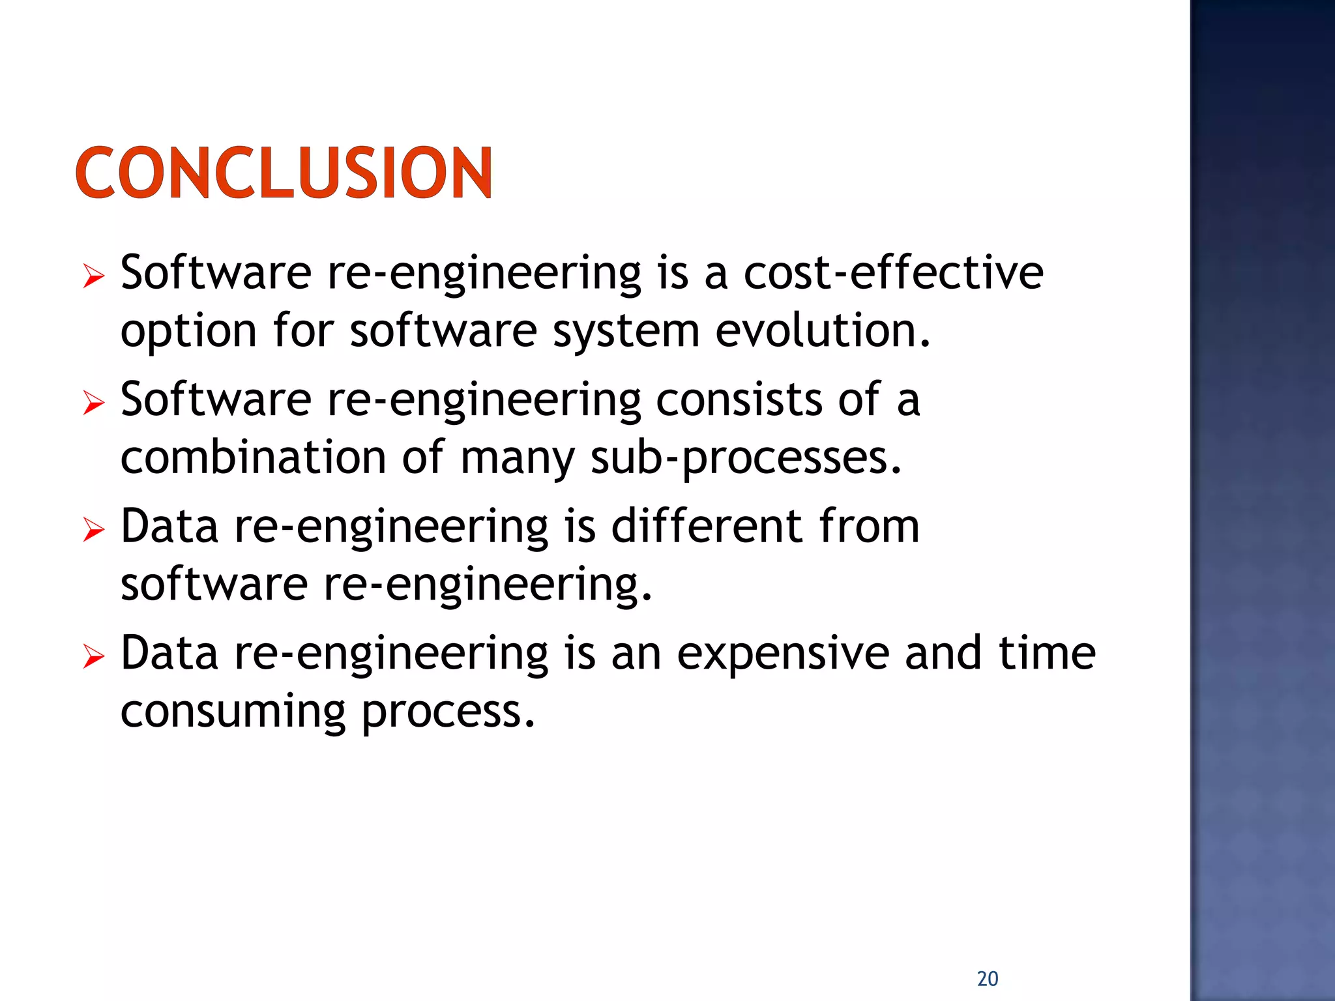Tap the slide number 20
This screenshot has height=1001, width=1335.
[x=988, y=978]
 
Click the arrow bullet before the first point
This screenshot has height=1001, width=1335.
[x=94, y=277]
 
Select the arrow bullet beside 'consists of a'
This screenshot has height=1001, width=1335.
[x=94, y=403]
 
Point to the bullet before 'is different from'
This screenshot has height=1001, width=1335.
[x=94, y=530]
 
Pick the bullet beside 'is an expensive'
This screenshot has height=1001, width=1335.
[x=94, y=657]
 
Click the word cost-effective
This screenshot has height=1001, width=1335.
[x=893, y=272]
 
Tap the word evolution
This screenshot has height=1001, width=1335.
[x=823, y=330]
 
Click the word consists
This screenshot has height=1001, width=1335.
[x=739, y=399]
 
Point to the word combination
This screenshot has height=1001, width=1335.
[x=254, y=457]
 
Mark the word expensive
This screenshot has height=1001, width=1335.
[x=783, y=654]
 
